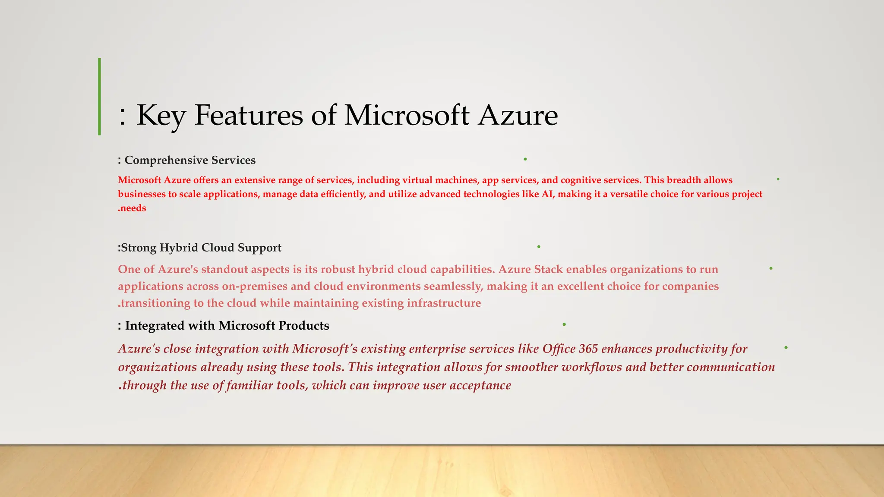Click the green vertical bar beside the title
(x=100, y=97)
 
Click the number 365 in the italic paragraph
(x=588, y=349)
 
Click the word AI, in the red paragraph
(x=548, y=194)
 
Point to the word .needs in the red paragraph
(x=132, y=208)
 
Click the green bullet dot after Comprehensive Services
(x=525, y=160)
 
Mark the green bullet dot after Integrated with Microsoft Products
(x=564, y=324)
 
